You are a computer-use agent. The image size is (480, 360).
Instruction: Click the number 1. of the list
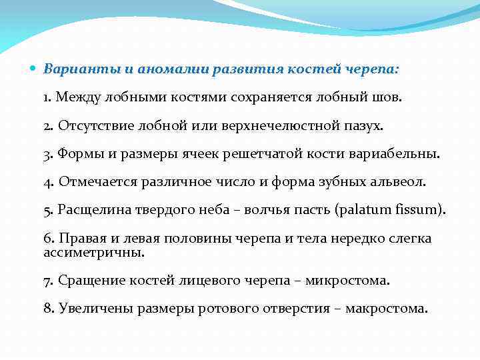[47, 97]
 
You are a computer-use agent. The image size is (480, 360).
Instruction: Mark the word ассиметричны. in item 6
[93, 253]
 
